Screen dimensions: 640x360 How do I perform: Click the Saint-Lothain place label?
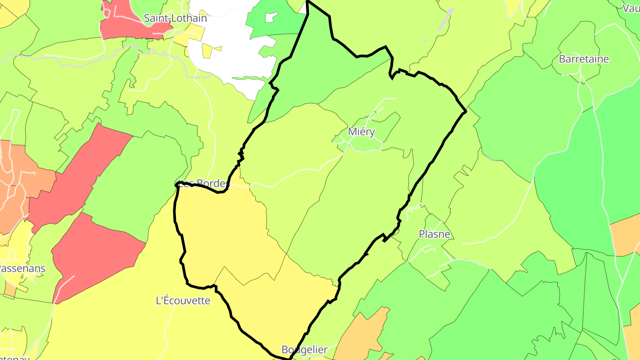pyautogui.click(x=175, y=18)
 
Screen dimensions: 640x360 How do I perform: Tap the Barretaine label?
pyautogui.click(x=584, y=59)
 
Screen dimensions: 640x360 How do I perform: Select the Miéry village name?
pyautogui.click(x=361, y=132)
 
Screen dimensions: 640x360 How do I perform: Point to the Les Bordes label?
pyautogui.click(x=204, y=183)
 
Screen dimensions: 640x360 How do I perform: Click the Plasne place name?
pyautogui.click(x=434, y=234)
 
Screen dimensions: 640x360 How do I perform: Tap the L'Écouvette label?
pyautogui.click(x=183, y=300)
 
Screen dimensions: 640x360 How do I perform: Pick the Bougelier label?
pyautogui.click(x=304, y=349)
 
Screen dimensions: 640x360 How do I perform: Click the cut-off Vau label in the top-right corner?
pyautogui.click(x=631, y=8)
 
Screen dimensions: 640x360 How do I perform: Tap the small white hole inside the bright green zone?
pyautogui.click(x=271, y=17)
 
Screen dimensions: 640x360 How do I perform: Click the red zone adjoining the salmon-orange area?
pyautogui.click(x=76, y=178)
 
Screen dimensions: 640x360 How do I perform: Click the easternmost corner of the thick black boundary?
pyautogui.click(x=465, y=111)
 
